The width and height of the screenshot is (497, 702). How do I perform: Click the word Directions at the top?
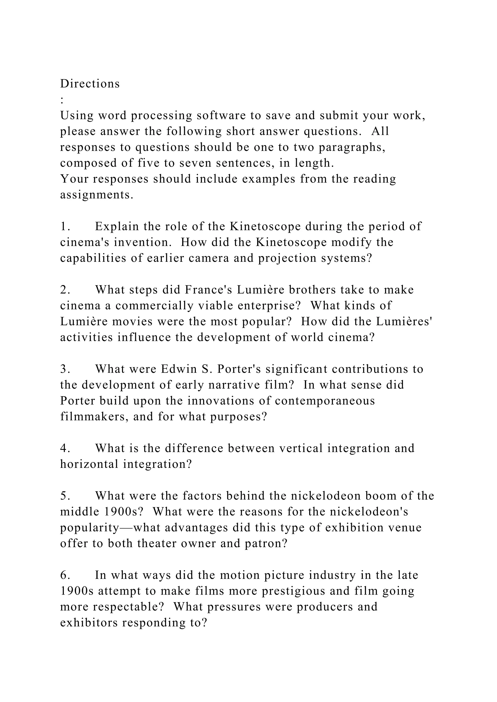(x=90, y=83)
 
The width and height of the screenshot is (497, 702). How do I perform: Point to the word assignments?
(x=97, y=195)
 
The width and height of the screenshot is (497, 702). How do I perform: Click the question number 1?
(x=65, y=227)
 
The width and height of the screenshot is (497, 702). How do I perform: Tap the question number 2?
(x=65, y=290)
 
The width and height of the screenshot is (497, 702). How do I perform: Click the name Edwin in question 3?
(x=179, y=369)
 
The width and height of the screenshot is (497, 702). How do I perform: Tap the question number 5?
(x=65, y=496)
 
